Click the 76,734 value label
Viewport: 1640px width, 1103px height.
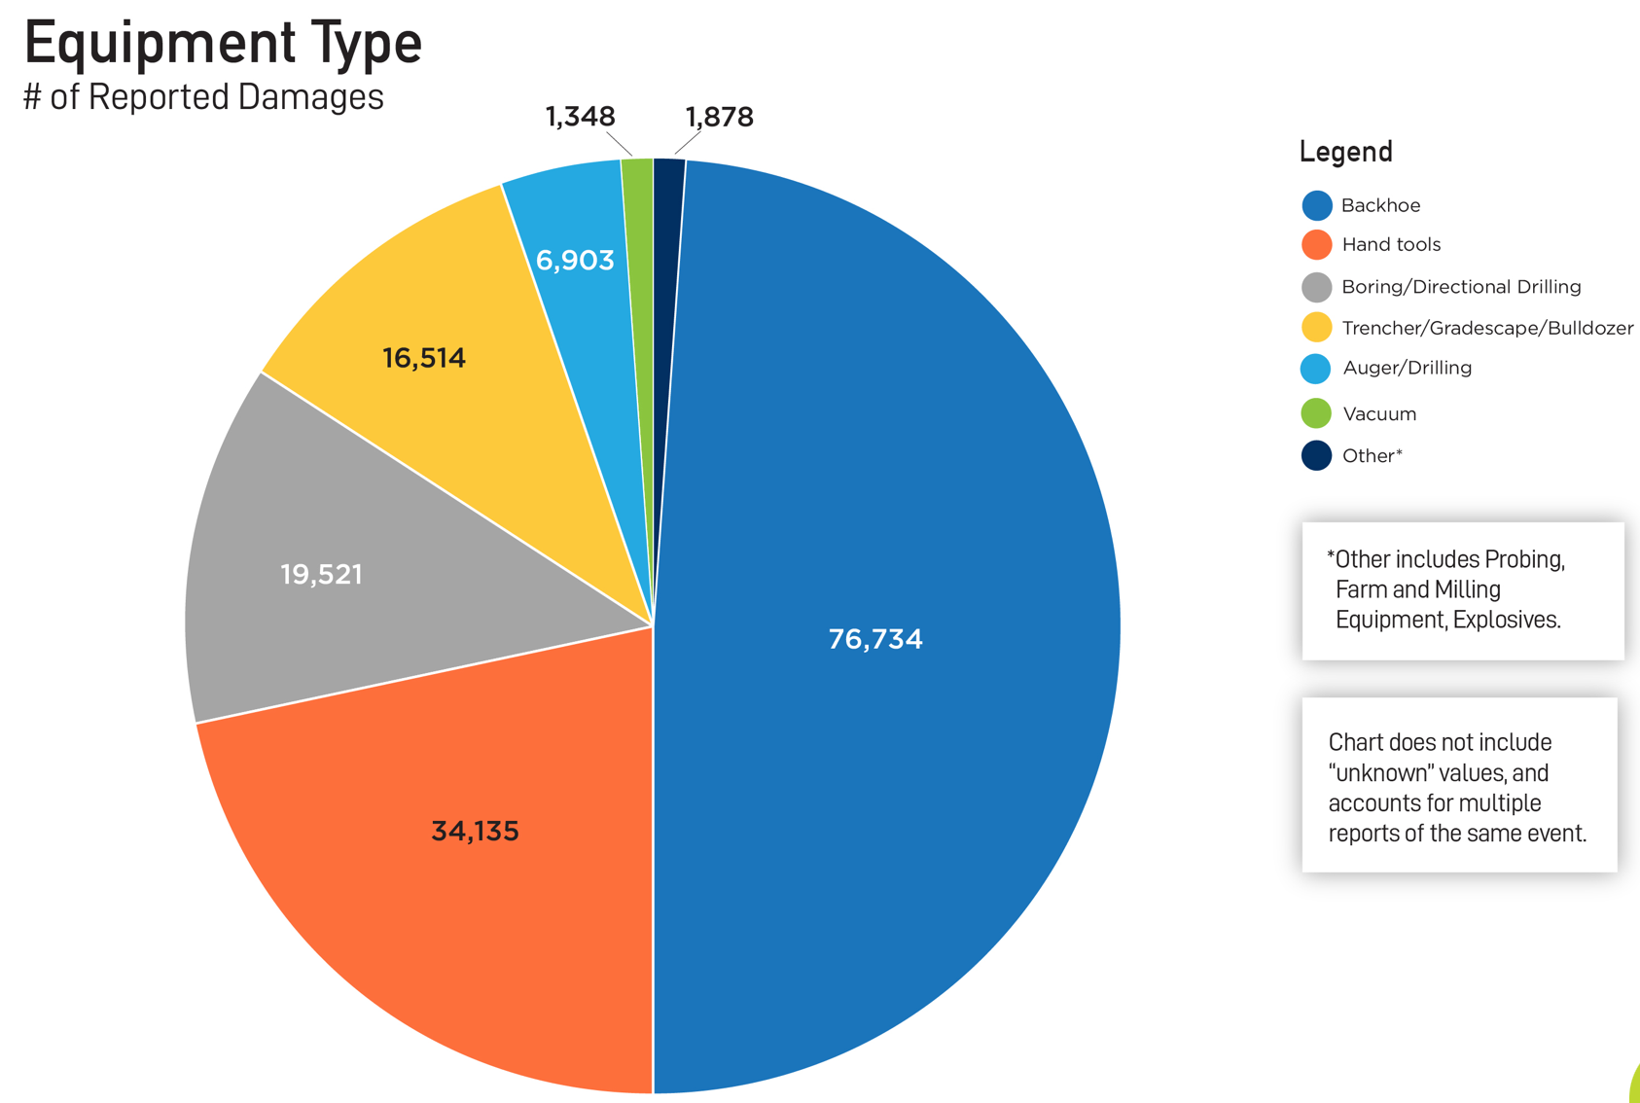[874, 639]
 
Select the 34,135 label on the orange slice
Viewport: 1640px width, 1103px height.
[475, 831]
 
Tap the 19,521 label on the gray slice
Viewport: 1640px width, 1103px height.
[321, 574]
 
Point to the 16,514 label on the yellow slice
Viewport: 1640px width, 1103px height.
[424, 358]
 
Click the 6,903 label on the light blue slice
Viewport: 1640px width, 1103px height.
[575, 260]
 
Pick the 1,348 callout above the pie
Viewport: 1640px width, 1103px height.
[580, 117]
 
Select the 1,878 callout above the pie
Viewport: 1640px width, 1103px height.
[719, 117]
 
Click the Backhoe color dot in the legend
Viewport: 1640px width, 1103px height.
[1316, 205]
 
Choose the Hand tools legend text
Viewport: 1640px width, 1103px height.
[1391, 244]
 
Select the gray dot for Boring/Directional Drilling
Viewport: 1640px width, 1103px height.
[1316, 287]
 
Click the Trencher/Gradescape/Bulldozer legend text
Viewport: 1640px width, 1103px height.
[1487, 328]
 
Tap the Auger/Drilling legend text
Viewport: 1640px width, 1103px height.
[1407, 368]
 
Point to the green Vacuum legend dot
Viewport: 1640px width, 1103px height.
[1316, 413]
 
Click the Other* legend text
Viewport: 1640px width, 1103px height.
[1372, 455]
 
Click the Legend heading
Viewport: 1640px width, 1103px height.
[1345, 152]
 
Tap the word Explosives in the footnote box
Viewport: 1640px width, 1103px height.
[1507, 621]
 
